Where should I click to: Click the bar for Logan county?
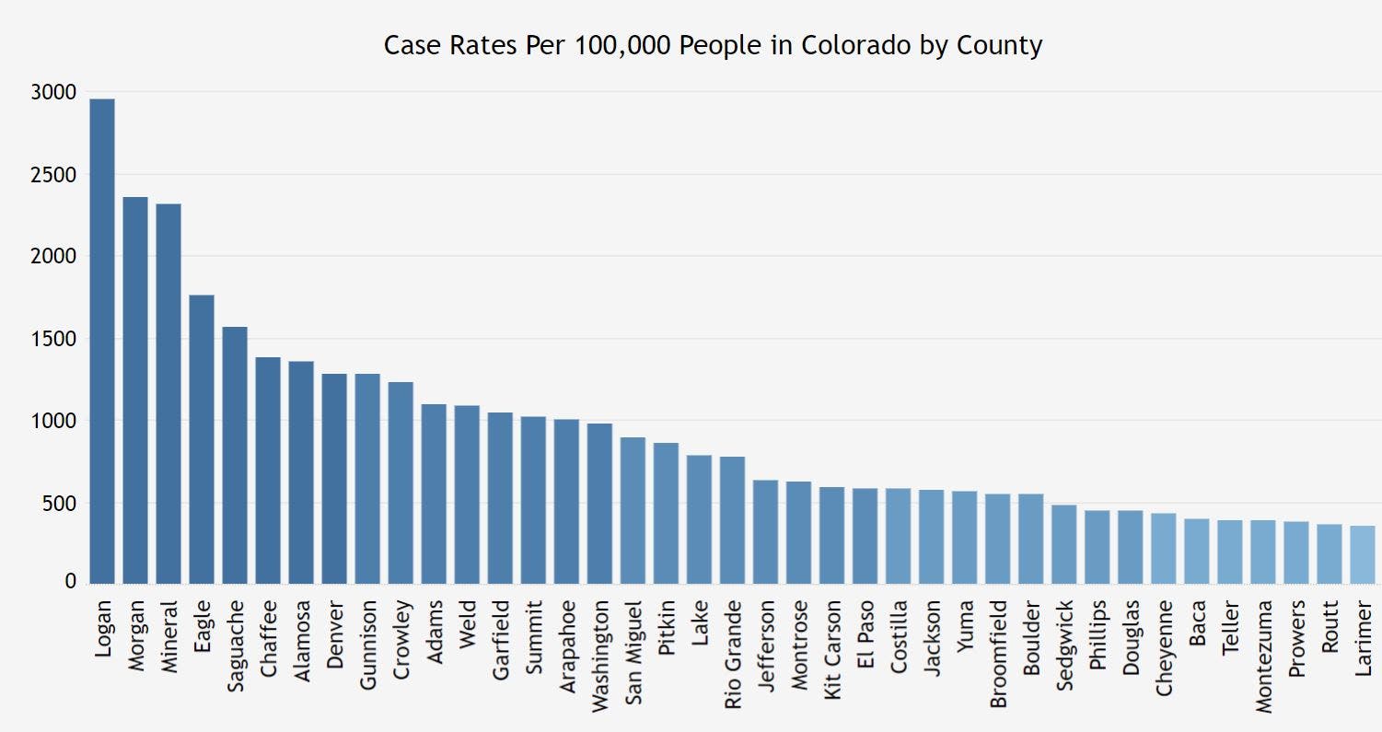[102, 341]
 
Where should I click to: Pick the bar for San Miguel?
[633, 510]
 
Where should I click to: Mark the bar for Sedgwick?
[1063, 543]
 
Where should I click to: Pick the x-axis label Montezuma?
[1262, 655]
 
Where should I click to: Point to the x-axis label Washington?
[599, 654]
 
